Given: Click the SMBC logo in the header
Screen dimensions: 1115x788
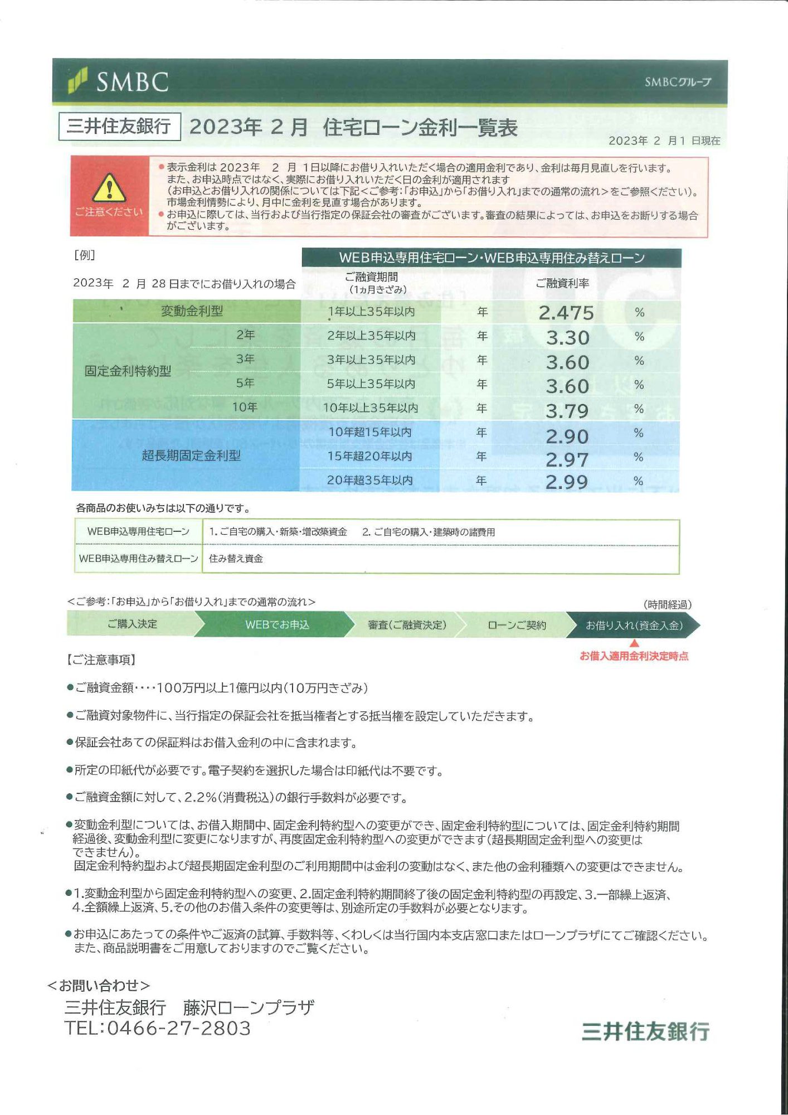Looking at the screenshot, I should [118, 81].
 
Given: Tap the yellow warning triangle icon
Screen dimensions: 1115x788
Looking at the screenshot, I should [109, 188].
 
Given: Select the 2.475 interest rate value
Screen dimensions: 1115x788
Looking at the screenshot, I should [566, 313].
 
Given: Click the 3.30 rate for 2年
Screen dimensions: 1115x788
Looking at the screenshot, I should [567, 338].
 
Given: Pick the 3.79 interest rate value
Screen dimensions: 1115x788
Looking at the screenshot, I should [567, 411].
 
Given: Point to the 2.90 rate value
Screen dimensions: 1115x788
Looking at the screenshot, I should [567, 436].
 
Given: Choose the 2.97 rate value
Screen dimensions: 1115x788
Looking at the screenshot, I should [567, 459].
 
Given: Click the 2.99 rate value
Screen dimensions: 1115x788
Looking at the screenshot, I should [566, 482].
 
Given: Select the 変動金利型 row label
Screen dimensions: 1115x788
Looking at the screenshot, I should [192, 311].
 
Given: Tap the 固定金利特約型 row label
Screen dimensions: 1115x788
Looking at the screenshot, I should [128, 371].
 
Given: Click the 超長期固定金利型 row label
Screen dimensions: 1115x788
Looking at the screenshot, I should [191, 455].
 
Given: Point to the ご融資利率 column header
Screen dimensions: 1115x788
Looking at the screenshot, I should [562, 283].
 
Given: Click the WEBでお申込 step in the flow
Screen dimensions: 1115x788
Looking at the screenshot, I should [277, 624].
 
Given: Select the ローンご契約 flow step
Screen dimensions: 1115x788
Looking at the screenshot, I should [517, 625].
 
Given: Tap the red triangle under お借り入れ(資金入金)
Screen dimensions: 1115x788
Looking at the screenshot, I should [634, 643].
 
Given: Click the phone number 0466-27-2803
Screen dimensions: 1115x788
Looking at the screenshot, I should [178, 1028].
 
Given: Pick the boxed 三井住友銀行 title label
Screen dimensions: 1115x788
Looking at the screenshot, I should [119, 127].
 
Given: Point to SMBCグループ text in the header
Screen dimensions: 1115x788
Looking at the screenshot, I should [678, 82].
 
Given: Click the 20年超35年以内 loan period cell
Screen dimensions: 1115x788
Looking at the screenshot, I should [369, 480].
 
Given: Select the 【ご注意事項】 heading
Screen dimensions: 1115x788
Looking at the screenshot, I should [101, 660].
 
